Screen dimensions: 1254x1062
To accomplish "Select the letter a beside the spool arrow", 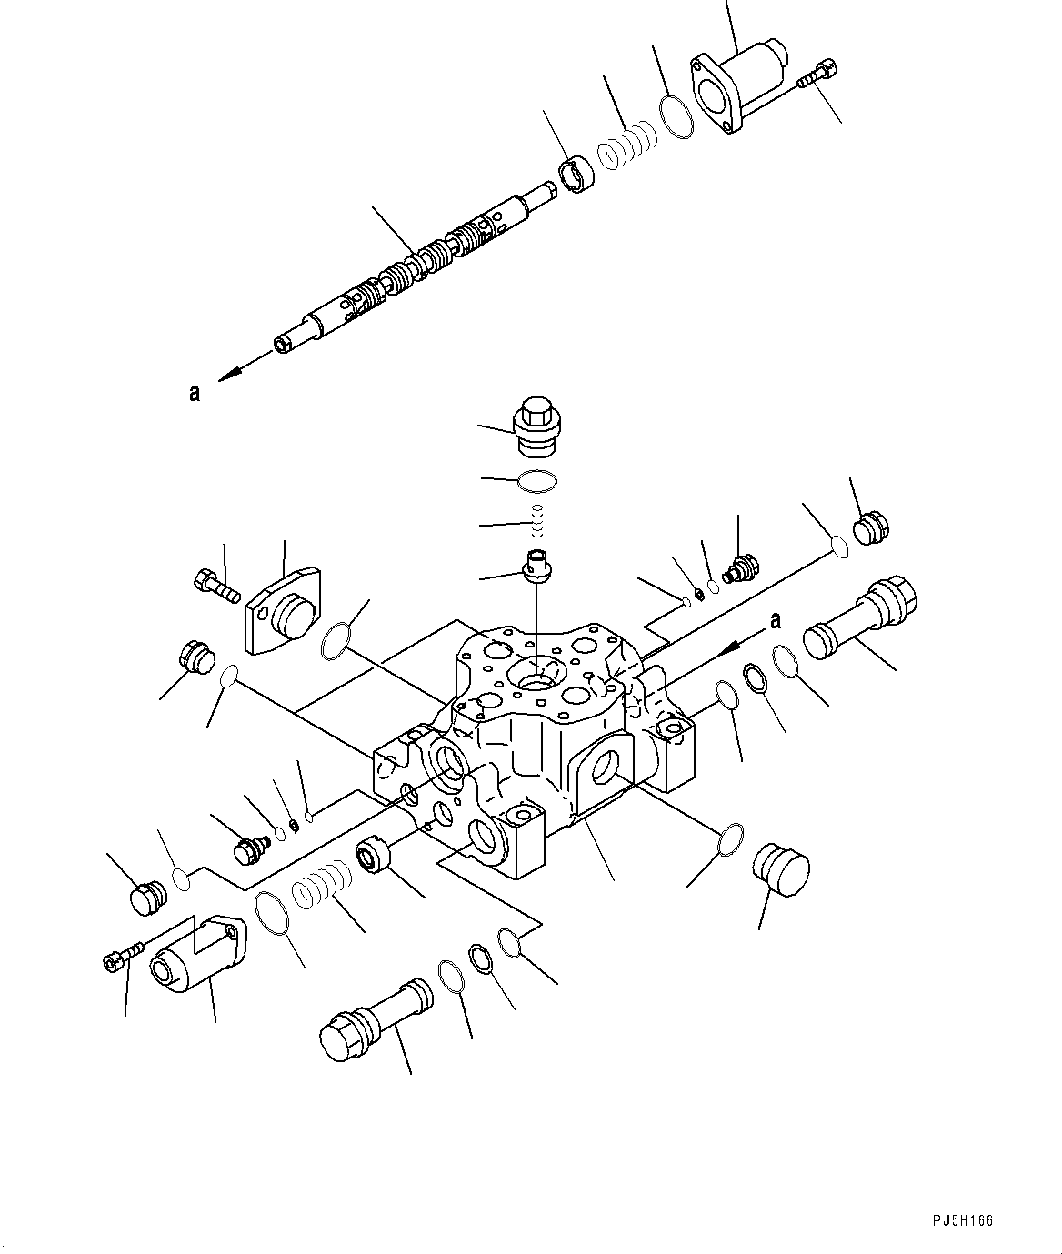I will [194, 393].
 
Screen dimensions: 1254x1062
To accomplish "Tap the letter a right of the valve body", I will [775, 620].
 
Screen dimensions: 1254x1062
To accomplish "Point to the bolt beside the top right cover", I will [817, 75].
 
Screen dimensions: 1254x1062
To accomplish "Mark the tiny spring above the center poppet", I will [536, 522].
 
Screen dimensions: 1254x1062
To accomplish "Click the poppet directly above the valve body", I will [536, 566].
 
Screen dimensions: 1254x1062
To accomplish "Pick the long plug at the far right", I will [859, 618].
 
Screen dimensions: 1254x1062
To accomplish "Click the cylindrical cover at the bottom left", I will [195, 955].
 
